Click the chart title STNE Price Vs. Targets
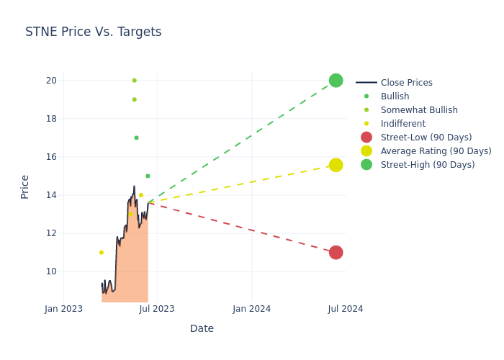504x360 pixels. (93, 32)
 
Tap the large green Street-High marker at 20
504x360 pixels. (336, 80)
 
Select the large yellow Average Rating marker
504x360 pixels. (336, 165)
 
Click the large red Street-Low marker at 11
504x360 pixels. (336, 252)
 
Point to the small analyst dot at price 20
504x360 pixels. (134, 80)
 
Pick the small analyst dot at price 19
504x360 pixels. (134, 99)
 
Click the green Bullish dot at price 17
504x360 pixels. (136, 138)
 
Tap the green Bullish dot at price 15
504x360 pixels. (148, 176)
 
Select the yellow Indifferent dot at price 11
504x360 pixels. (101, 252)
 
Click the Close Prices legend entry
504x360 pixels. (406, 83)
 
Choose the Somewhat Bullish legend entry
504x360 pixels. (418, 110)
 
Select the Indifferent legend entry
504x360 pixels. (402, 124)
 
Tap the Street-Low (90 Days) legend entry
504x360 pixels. (426, 138)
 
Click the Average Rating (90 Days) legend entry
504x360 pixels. (436, 151)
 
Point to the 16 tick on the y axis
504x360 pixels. (50, 157)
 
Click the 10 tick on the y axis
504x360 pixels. (50, 271)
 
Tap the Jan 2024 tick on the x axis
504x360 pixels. (251, 309)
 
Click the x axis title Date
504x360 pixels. (202, 328)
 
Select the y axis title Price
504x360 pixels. (25, 186)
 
